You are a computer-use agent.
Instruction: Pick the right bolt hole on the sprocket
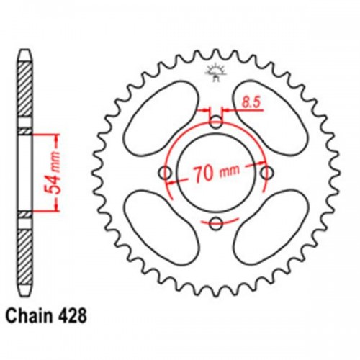(x=266, y=173)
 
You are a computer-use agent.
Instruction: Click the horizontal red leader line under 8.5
(x=245, y=112)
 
